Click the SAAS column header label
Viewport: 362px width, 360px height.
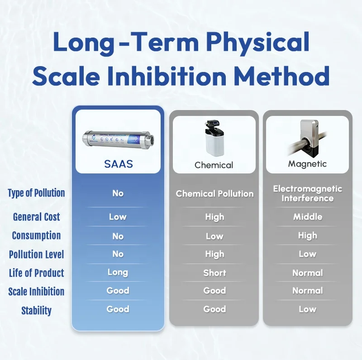click(118, 163)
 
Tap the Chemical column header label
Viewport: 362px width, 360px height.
click(214, 165)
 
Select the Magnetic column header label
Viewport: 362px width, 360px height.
click(307, 164)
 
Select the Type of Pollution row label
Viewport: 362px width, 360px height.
click(36, 193)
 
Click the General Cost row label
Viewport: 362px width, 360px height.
click(36, 217)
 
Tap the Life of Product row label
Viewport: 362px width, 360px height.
click(36, 273)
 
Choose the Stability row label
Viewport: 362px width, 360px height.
click(36, 311)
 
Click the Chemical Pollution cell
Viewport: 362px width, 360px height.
click(214, 194)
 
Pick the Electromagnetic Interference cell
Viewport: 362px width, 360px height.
click(307, 193)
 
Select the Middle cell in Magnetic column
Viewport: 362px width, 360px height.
click(307, 217)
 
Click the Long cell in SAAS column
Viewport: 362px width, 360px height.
click(118, 273)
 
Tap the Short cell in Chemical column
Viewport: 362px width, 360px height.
click(214, 273)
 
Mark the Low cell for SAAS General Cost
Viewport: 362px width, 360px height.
click(118, 217)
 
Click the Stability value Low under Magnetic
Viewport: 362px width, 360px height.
click(307, 309)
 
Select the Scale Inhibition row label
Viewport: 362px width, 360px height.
click(36, 292)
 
